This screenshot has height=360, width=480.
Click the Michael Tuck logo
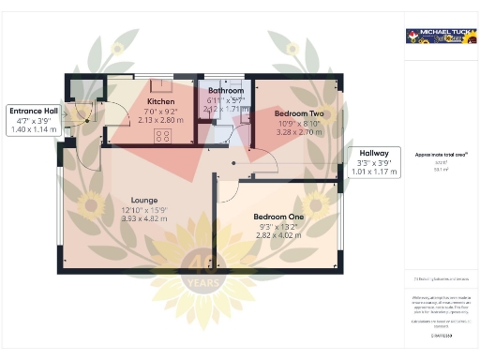coord(437,37)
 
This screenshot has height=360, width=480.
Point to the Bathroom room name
coord(225,91)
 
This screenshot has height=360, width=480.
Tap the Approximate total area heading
coord(442,154)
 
